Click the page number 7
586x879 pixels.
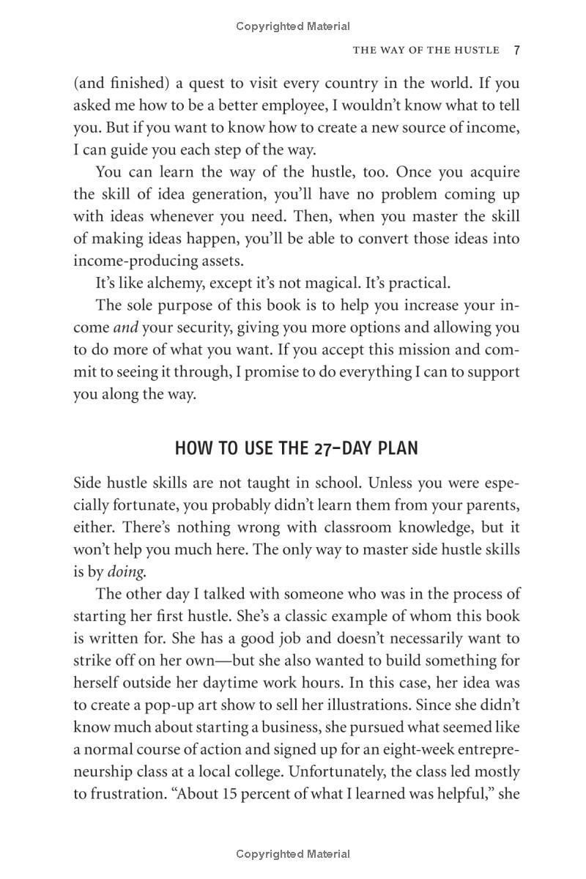tap(516, 51)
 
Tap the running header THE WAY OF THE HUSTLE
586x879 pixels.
tap(426, 51)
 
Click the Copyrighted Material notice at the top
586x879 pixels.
tap(293, 26)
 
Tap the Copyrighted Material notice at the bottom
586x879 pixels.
tap(293, 854)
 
